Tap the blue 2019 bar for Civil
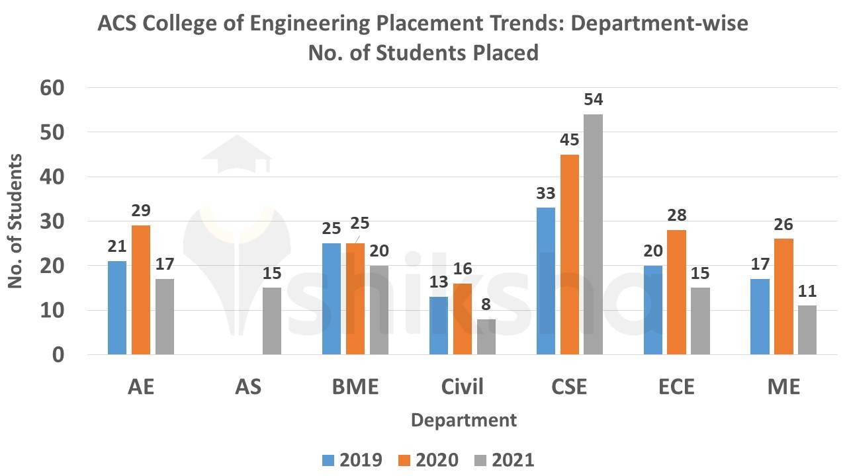pos(439,325)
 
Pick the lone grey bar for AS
pos(272,321)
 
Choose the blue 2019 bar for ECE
pos(653,309)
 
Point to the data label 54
pos(594,100)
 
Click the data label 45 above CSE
pos(569,140)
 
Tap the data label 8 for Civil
pos(486,305)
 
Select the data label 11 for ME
pos(807,292)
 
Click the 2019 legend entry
pos(352,460)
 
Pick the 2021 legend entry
pos(504,460)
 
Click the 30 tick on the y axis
pos(54,221)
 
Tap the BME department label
pos(356,387)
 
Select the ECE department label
pos(677,387)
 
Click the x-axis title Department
pos(463,420)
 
